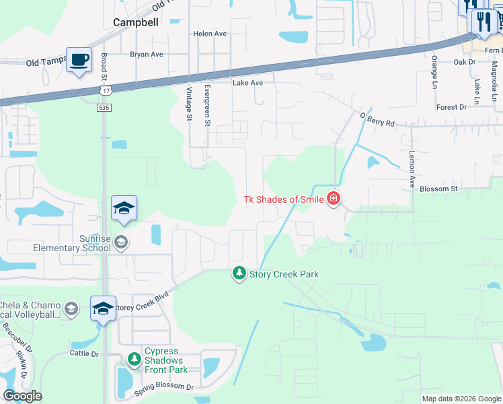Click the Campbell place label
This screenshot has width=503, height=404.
[136, 22]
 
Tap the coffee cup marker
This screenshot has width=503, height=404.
[79, 60]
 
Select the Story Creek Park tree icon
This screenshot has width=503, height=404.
[239, 273]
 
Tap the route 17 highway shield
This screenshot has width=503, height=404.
[105, 90]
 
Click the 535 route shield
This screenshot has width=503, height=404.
[103, 106]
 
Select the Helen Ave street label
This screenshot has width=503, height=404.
[210, 34]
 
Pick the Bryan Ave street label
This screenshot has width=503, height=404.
[147, 55]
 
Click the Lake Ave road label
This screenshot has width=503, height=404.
[247, 83]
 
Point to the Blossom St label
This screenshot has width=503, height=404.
[438, 189]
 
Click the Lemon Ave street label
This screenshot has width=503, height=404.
[412, 169]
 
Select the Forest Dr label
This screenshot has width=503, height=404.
[451, 107]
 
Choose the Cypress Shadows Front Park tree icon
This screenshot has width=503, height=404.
[133, 358]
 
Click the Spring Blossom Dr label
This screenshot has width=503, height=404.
[163, 389]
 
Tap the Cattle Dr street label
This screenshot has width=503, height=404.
[84, 353]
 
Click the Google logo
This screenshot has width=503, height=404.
[22, 396]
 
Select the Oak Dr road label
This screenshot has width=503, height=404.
[464, 62]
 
